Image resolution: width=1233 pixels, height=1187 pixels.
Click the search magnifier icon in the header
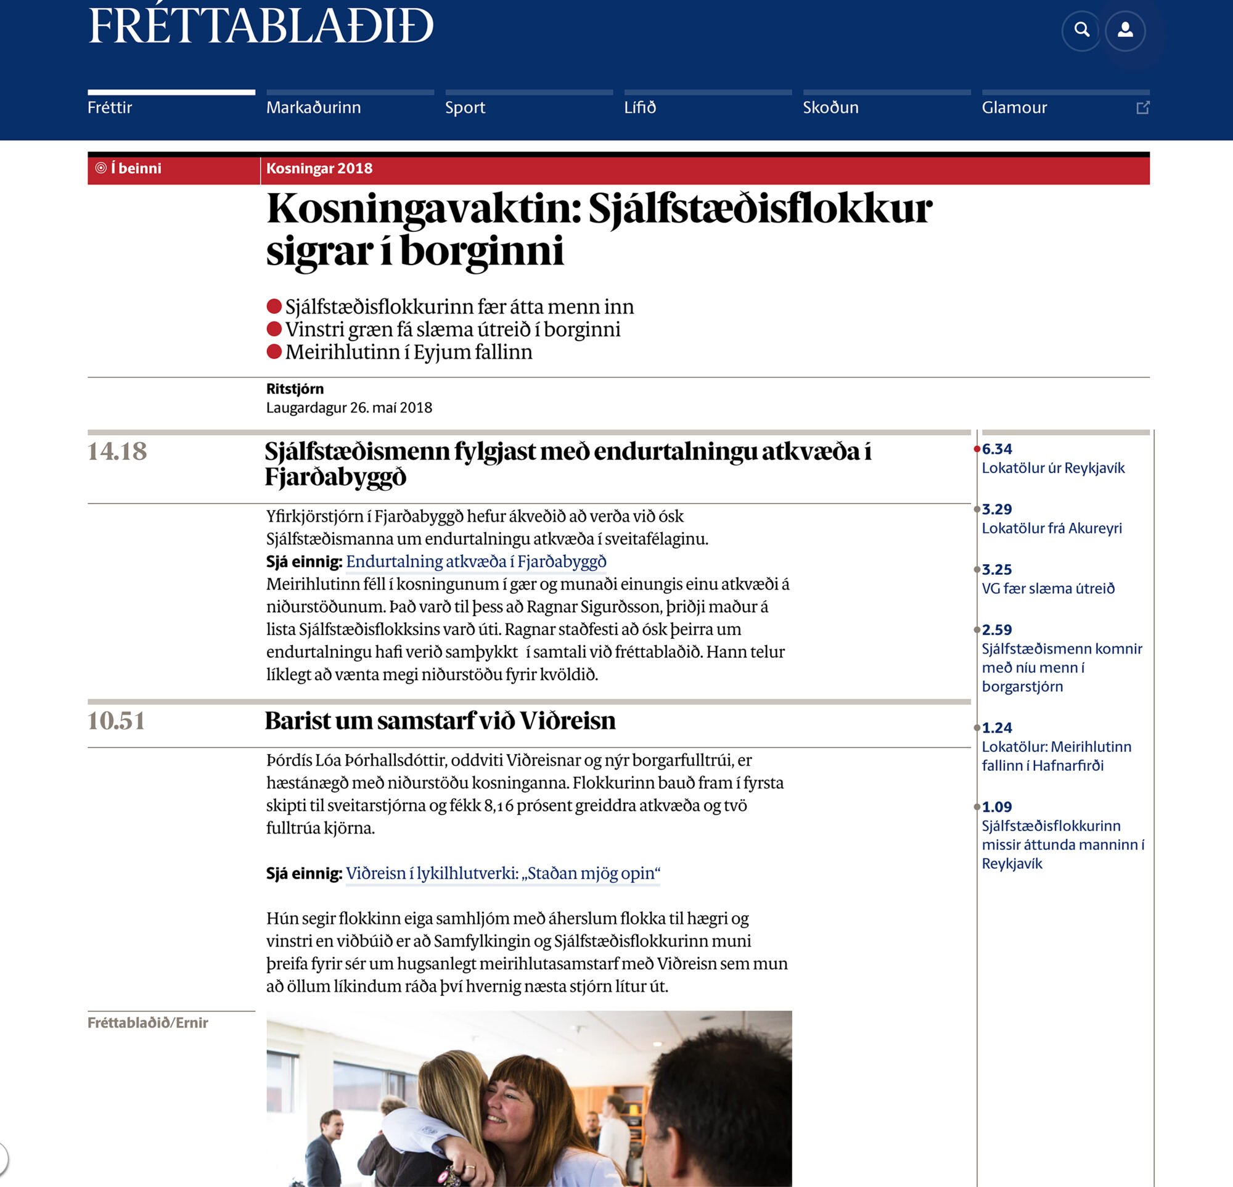(x=1081, y=30)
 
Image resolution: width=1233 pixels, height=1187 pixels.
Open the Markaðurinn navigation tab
(x=313, y=107)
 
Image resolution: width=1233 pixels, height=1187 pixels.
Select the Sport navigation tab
(x=465, y=107)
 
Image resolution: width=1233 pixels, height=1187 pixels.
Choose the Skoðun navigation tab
(x=830, y=107)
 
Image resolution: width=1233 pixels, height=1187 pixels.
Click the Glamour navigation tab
(x=1014, y=107)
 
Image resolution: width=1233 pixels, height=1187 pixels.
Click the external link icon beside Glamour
(x=1142, y=107)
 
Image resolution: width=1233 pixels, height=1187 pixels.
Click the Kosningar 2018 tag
(x=319, y=168)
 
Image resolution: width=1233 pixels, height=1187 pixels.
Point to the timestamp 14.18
(x=117, y=451)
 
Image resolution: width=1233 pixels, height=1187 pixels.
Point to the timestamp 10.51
(x=117, y=720)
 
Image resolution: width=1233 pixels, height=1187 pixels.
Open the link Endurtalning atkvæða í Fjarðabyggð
(x=475, y=561)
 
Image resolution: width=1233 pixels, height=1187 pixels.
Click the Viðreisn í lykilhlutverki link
(x=502, y=873)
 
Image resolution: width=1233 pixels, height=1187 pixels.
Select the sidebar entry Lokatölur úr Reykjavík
(x=1052, y=468)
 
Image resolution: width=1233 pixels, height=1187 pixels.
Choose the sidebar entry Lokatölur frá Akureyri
(x=1051, y=528)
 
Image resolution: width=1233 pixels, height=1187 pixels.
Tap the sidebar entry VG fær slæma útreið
(x=1047, y=589)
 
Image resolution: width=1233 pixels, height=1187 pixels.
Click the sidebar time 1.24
(x=996, y=728)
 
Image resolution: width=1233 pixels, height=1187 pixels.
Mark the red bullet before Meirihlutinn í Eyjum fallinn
(x=274, y=351)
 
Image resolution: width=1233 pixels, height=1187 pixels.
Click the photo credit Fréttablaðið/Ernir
(x=148, y=1022)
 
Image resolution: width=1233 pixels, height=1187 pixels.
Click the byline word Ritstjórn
(x=295, y=388)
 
